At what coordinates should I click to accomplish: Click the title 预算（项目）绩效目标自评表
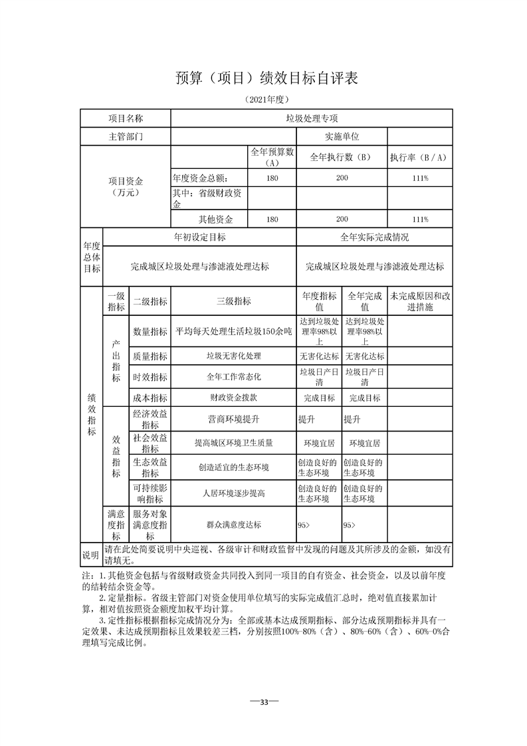pos(267,78)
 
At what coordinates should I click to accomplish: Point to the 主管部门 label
pos(126,136)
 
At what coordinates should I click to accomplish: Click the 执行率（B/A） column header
pos(419,158)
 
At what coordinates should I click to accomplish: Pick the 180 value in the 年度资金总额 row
pos(272,178)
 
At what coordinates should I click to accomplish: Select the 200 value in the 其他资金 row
pos(342,219)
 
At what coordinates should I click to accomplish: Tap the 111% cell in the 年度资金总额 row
pos(419,178)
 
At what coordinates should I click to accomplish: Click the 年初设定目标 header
pos(199,237)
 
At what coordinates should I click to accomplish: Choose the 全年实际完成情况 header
pos(375,237)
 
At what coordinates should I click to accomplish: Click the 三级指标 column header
pos(234,301)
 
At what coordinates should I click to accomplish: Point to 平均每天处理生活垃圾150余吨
pos(234,331)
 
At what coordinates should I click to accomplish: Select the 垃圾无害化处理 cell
pos(234,356)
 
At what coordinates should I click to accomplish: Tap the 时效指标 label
pos(150,376)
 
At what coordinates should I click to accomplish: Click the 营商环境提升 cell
pos(234,420)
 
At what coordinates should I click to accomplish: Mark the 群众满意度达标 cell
pos(234,525)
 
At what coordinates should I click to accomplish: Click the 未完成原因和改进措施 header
pos(420,301)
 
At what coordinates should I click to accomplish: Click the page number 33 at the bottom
pos(264,702)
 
